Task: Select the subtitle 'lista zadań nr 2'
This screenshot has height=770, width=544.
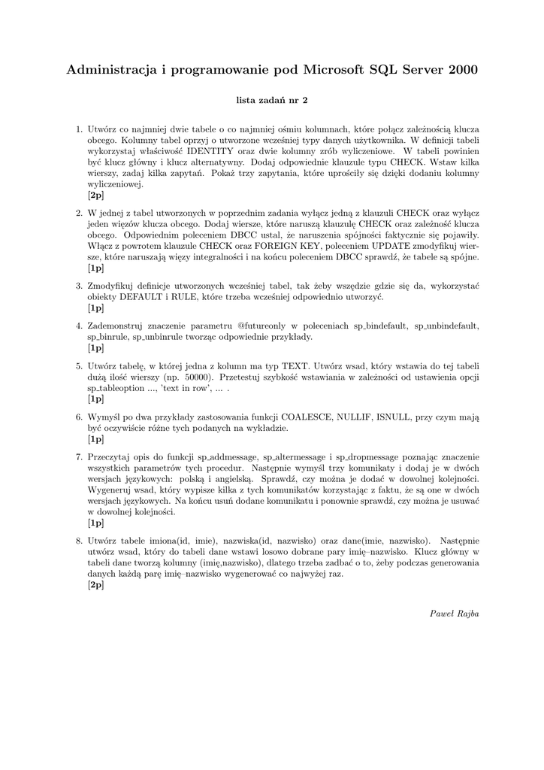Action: [272, 99]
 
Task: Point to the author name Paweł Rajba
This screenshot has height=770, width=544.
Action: [454, 614]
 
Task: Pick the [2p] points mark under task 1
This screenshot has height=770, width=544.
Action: [95, 195]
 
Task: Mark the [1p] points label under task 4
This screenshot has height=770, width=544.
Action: [95, 348]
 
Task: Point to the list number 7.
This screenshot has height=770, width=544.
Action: [79, 456]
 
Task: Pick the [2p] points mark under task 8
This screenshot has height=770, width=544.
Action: [95, 584]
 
